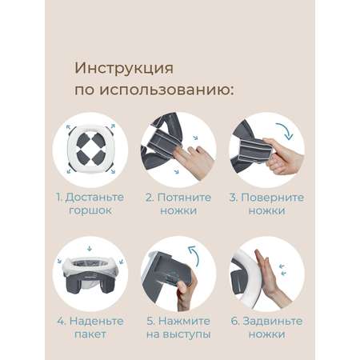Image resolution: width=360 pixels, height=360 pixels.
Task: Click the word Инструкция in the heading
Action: pos(124,69)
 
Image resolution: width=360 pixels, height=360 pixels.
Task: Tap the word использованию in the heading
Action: pos(166,90)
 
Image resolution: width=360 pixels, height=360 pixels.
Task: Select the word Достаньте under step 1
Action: pos(94,198)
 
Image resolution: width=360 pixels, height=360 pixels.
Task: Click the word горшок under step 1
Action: pos(90,210)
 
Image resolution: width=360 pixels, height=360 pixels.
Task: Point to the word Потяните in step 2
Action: pos(184,198)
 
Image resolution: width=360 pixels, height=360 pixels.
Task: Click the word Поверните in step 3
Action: pos(272,198)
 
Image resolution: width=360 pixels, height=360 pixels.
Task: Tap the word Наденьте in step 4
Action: pos(96,321)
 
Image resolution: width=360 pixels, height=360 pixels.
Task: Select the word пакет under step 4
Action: pos(90,334)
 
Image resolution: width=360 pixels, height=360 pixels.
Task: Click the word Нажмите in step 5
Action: pos(184,321)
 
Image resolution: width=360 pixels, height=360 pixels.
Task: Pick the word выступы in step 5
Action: pos(186,334)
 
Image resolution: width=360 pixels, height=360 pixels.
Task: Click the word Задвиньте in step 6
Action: pos(273,321)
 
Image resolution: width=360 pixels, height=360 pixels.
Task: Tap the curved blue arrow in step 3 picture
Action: pos(286,130)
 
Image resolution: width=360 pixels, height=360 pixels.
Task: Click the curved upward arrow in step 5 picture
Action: pos(194,255)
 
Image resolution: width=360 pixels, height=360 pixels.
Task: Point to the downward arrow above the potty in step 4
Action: pos(90,249)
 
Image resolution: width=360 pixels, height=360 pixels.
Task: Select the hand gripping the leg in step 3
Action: pos(282,156)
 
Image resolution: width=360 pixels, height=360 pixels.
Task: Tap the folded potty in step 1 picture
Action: pos(90,150)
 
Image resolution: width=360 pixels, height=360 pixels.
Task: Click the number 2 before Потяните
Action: pos(149,198)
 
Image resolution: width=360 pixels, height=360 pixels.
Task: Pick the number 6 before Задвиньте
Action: pos(234,321)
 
